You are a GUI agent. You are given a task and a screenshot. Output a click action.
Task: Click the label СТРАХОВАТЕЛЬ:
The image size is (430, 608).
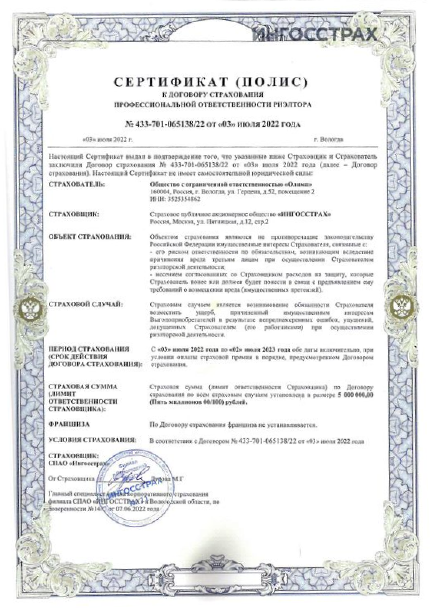tap(77, 185)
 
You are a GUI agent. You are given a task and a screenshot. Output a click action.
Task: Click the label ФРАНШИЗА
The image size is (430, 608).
tap(69, 425)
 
